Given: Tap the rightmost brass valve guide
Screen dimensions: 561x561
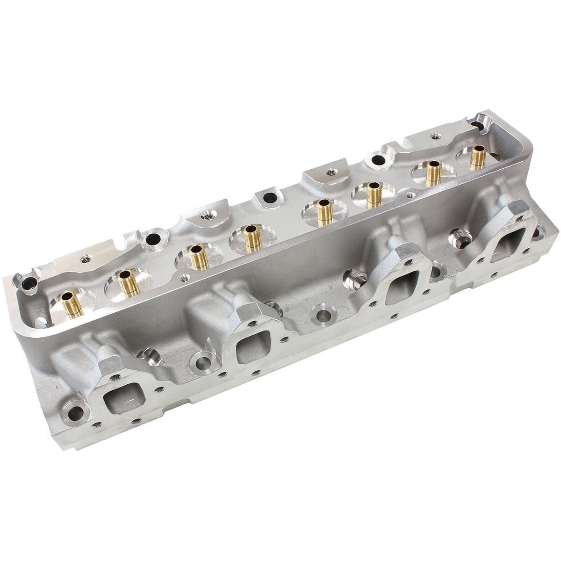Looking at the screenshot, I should tap(477, 158).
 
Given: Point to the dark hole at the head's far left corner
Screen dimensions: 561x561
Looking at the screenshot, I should tap(29, 282).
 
